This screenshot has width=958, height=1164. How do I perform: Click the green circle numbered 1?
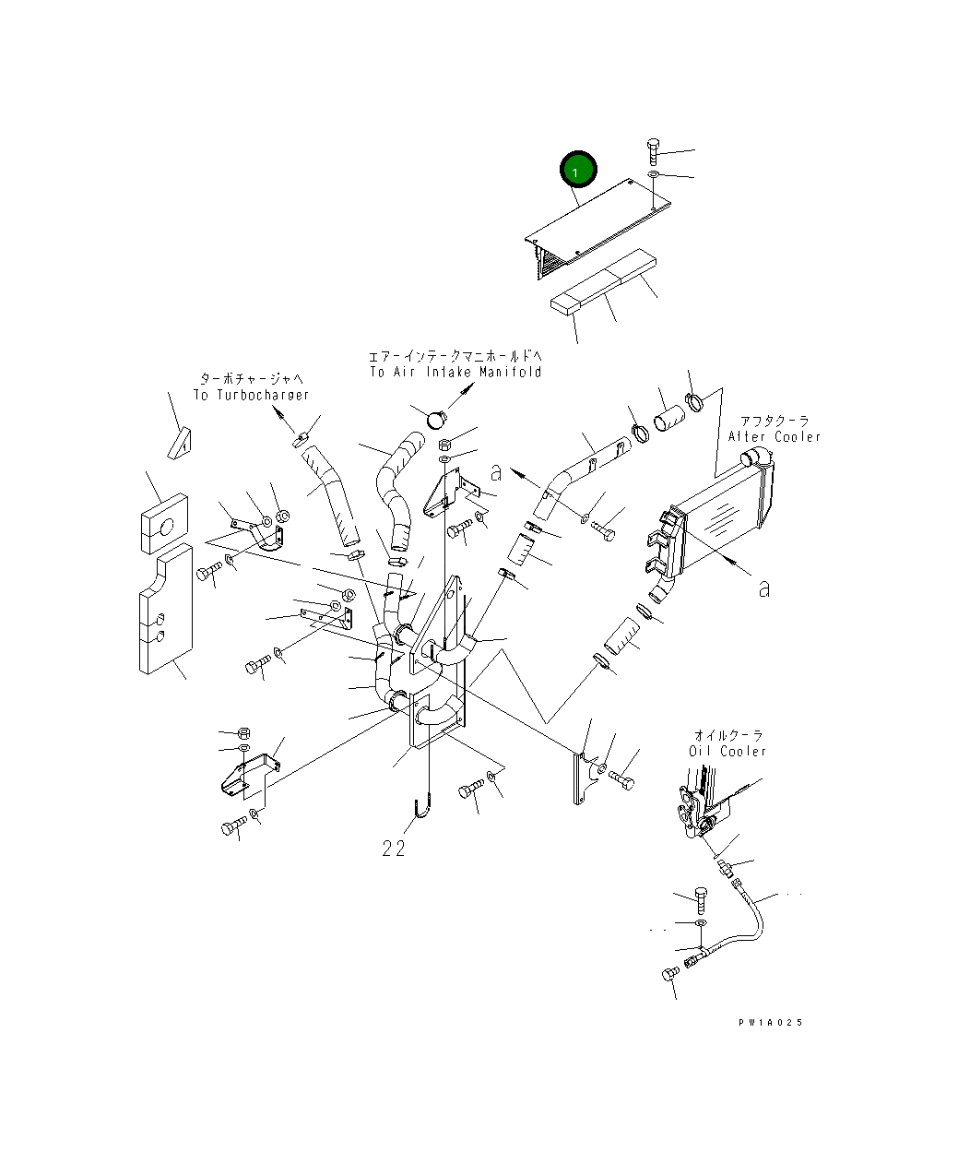click(x=578, y=171)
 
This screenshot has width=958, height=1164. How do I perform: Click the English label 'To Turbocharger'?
click(x=251, y=395)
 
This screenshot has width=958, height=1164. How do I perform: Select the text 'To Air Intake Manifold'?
click(x=455, y=372)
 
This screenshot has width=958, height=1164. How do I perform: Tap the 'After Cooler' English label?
click(x=774, y=436)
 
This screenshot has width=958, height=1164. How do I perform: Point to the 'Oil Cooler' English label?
click(x=727, y=751)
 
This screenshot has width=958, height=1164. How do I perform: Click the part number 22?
click(x=394, y=849)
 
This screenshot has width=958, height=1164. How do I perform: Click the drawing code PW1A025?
click(x=770, y=1022)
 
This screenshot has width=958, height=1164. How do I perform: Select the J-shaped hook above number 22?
click(x=422, y=805)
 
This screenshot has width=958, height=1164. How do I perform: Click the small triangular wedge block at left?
click(x=181, y=444)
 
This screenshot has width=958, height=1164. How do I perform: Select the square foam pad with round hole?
click(x=165, y=527)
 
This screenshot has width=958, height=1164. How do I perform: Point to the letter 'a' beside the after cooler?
click(x=763, y=588)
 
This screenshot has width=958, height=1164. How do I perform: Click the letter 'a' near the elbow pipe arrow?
click(x=496, y=472)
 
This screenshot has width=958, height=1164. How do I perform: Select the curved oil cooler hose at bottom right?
click(x=747, y=922)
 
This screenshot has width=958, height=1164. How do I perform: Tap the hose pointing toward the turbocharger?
click(x=329, y=494)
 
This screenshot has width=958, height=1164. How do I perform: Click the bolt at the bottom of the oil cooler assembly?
click(x=670, y=976)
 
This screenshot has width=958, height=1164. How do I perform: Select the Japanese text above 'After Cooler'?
click(x=768, y=421)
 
